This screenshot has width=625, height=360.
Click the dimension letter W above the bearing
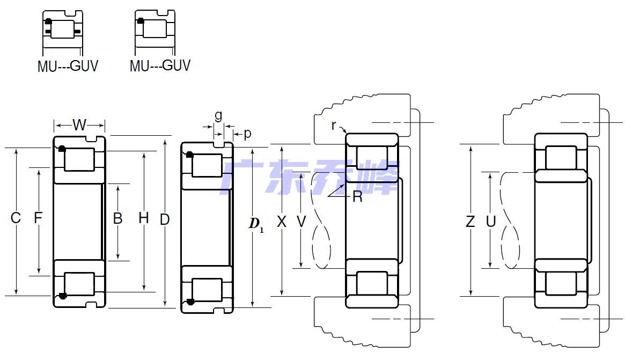[79, 125]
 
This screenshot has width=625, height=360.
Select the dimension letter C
[16, 218]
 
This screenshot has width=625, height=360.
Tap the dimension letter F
[38, 218]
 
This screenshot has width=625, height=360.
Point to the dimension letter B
[117, 218]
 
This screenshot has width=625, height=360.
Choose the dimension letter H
[143, 218]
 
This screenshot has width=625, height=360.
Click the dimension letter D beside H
[165, 219]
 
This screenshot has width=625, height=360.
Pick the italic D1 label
[256, 224]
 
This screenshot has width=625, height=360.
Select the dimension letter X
[282, 222]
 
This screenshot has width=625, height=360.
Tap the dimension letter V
[302, 222]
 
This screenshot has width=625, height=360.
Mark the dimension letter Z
[470, 221]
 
